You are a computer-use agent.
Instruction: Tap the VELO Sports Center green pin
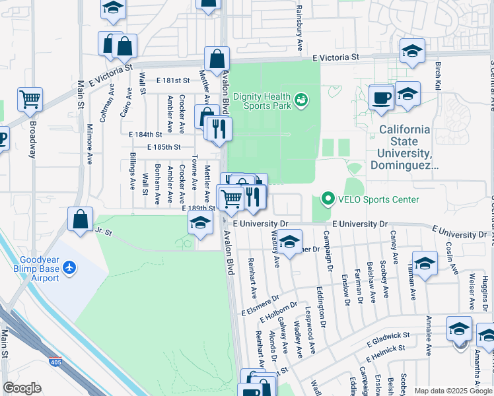[x=327, y=199]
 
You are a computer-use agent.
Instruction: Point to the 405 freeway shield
[x=56, y=362]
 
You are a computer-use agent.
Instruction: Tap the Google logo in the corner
[x=22, y=388]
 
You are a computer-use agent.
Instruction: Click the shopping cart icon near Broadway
[x=30, y=100]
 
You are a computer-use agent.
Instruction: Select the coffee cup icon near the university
[x=382, y=98]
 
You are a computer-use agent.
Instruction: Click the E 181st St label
[x=173, y=81]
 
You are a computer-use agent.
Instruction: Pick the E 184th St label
[x=145, y=134]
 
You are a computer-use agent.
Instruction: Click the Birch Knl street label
[x=438, y=77]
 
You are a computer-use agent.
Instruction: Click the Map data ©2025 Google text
[x=453, y=391]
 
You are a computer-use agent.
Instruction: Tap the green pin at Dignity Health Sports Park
[x=301, y=100]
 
